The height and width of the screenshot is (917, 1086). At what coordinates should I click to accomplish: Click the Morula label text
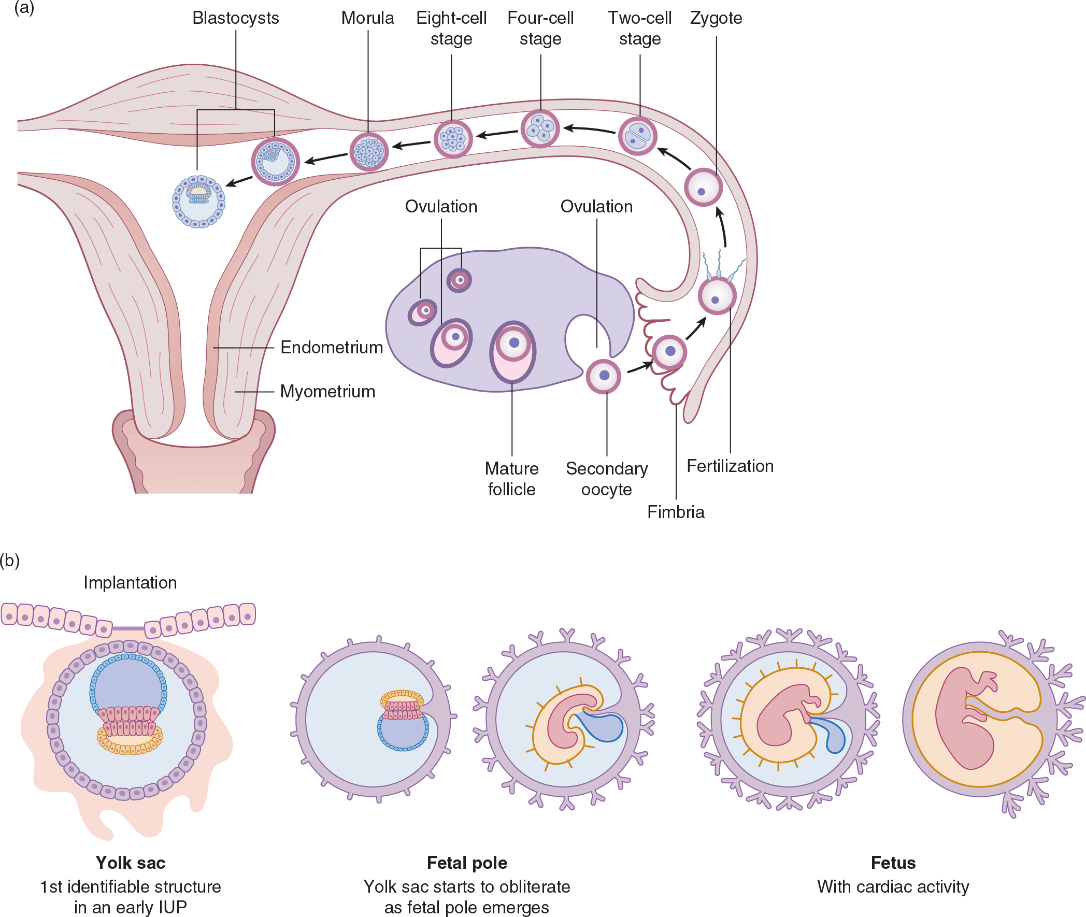click(x=367, y=18)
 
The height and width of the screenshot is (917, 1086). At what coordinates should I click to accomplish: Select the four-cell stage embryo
click(x=540, y=128)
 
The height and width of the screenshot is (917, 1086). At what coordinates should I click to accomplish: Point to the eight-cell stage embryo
click(x=453, y=139)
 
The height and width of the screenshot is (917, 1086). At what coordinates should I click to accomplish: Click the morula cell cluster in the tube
click(x=368, y=152)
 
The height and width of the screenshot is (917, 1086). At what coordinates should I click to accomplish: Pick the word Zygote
click(x=716, y=18)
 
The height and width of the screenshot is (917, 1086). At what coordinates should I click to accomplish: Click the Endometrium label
click(x=331, y=347)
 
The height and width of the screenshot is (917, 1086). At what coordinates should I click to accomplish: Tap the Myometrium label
click(x=327, y=392)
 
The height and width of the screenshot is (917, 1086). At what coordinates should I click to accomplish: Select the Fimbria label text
click(x=675, y=512)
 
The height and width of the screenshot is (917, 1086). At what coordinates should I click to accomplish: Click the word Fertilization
click(x=730, y=466)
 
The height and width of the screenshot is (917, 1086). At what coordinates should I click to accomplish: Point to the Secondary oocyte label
click(x=607, y=479)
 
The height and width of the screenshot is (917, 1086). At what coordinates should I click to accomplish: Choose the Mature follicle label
click(x=511, y=479)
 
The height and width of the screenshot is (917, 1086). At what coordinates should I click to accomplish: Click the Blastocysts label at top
click(x=236, y=18)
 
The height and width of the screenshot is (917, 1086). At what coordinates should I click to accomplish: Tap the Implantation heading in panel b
click(x=130, y=583)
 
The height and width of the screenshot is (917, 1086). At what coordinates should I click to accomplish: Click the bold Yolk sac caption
click(x=131, y=863)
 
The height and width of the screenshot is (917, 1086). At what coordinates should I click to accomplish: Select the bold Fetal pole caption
click(x=467, y=863)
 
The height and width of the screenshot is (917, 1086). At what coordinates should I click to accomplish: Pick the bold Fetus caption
click(x=893, y=863)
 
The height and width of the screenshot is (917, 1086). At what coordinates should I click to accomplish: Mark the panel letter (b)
click(x=10, y=561)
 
